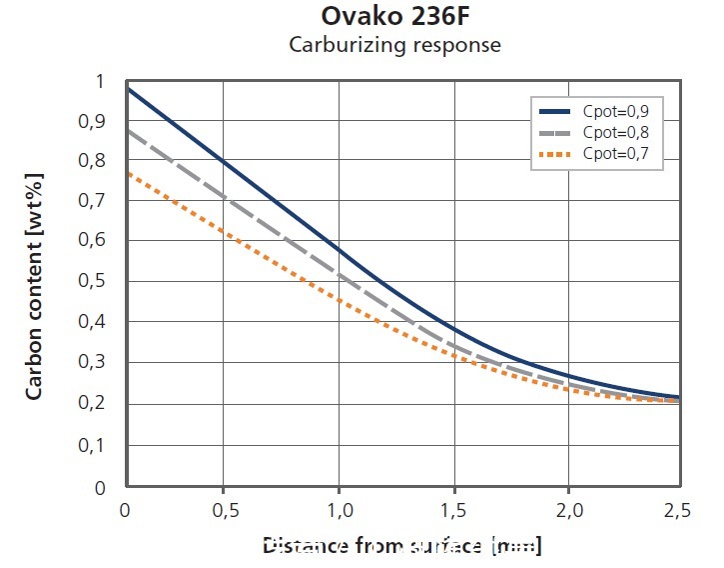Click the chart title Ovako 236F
point(393,17)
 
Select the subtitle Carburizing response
point(393,45)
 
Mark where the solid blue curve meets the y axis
point(127,89)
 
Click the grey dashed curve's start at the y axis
point(127,130)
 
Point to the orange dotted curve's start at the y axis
point(127,172)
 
